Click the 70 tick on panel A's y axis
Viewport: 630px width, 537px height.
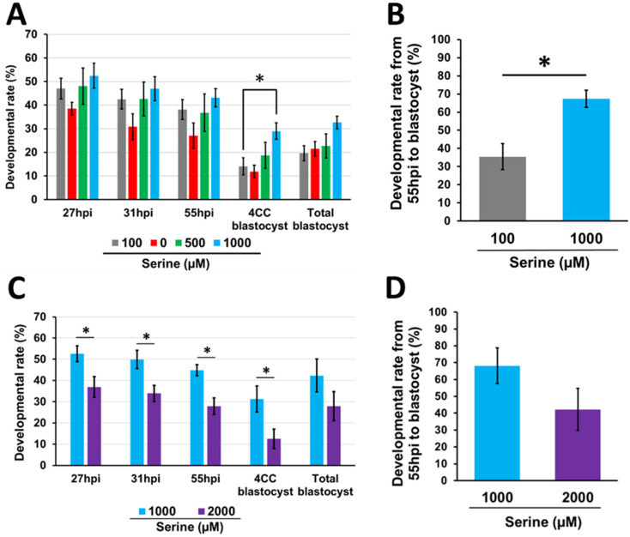coord(34,34)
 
